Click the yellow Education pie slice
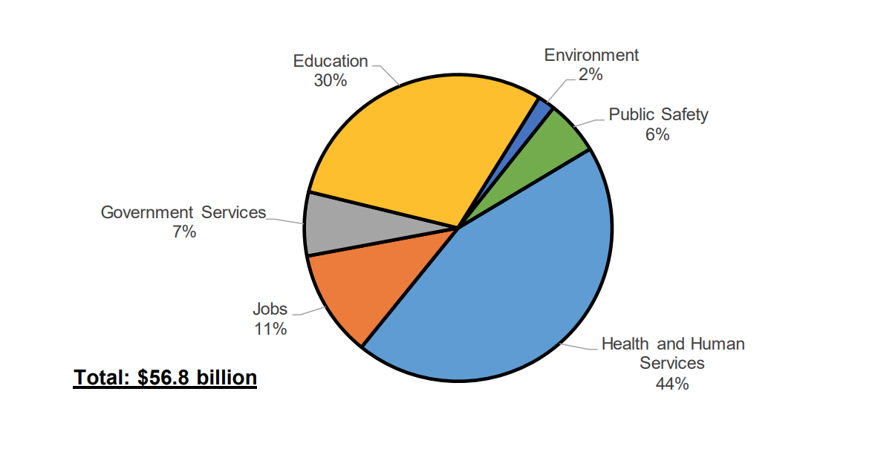click(x=401, y=148)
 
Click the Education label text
click(x=331, y=61)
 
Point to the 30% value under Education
click(x=331, y=80)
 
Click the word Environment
click(x=591, y=55)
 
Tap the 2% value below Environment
click(x=591, y=74)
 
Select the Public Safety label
click(x=658, y=114)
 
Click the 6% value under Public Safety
click(x=657, y=134)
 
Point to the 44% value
click(x=672, y=384)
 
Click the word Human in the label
click(x=717, y=344)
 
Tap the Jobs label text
click(x=270, y=309)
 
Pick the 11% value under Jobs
click(x=270, y=329)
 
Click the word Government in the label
click(x=148, y=212)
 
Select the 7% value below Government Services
click(x=183, y=232)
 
